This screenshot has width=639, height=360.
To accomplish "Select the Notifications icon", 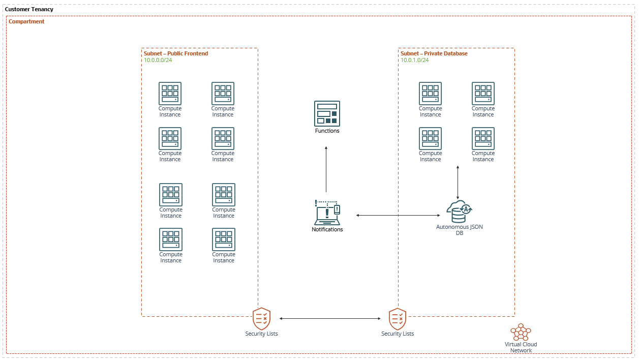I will coord(327,213).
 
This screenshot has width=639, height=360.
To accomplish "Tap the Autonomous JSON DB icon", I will coord(459,212).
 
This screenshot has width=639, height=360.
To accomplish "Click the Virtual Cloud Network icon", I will coord(521,332).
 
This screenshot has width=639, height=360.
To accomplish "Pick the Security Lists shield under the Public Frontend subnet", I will coord(261,319).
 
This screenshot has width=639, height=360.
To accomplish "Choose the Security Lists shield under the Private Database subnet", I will coord(398,319).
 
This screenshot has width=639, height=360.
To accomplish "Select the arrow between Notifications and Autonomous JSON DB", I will coord(398,216).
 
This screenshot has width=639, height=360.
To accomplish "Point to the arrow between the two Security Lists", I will coord(330,319).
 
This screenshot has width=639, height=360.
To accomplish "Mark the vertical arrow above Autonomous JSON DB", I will coord(458,182).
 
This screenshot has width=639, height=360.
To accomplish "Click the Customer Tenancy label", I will coord(29,10).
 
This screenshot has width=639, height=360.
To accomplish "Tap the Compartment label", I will coord(26,22).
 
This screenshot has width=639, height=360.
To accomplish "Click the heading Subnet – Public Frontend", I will coord(176,53).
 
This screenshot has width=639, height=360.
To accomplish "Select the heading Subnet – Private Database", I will coord(434,53).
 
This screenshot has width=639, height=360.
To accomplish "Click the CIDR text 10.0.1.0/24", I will coord(415,60).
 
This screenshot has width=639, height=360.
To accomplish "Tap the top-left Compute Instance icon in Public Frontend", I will coord(170,94).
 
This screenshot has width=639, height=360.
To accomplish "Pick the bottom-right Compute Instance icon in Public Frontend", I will coord(224,239).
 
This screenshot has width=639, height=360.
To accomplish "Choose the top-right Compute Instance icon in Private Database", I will coord(483,94).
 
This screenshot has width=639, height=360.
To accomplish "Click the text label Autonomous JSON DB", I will coord(460,230).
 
